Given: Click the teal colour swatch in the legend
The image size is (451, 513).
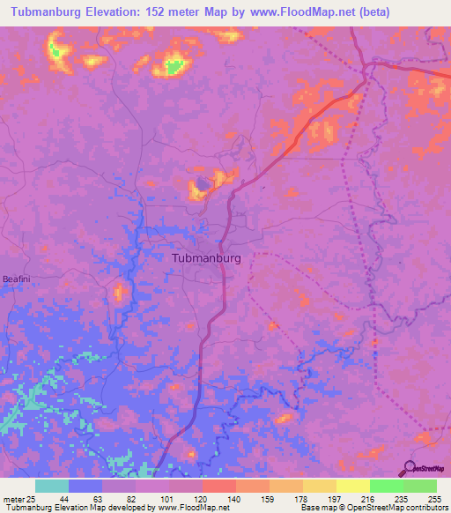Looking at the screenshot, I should coord(52,486).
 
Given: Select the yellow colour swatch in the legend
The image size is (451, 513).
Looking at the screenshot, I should coord(352,486).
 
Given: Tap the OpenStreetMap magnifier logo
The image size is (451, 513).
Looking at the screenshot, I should coord(409,468).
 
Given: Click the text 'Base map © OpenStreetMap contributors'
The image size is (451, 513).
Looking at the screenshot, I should coord(374,507).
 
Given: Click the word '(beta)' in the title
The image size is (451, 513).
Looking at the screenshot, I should coord(372,11).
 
